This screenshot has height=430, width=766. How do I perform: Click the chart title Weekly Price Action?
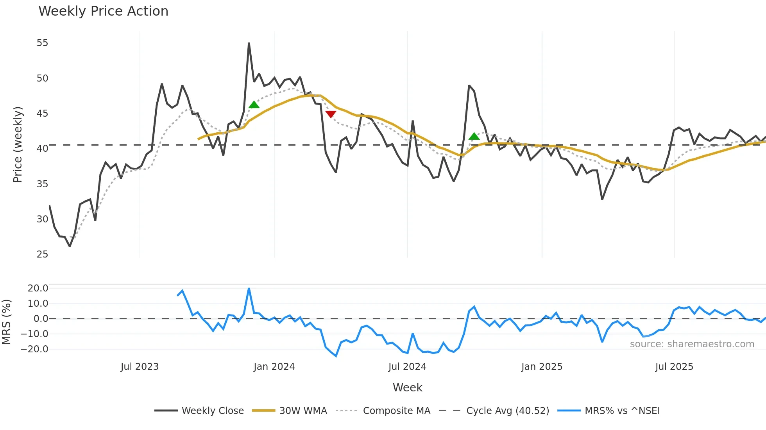(103, 11)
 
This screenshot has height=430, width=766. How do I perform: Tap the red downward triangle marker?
(331, 114)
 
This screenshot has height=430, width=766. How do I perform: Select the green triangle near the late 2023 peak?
(254, 105)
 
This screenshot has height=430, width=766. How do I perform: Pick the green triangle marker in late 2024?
(474, 136)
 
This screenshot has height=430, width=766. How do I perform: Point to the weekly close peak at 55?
(249, 43)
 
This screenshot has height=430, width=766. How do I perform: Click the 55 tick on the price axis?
(42, 43)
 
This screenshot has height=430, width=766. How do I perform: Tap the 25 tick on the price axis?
(42, 254)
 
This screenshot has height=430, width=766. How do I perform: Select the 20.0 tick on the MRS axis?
(38, 288)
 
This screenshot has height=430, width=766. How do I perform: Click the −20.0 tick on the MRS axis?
(35, 349)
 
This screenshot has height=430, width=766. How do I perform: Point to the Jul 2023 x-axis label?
(140, 367)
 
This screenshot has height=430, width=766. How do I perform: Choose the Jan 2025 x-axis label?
(542, 367)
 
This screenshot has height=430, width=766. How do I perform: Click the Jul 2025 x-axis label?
(674, 367)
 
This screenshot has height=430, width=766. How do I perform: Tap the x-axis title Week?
(407, 387)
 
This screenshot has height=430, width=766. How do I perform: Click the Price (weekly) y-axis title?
(18, 144)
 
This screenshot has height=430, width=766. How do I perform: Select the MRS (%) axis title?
(7, 322)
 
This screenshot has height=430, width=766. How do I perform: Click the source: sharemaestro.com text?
(692, 344)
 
